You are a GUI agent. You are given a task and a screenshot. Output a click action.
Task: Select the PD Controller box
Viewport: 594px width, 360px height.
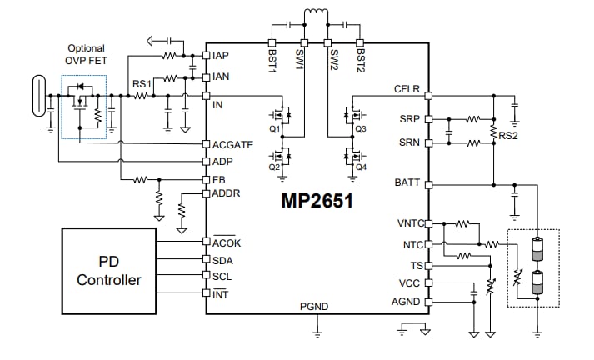108,271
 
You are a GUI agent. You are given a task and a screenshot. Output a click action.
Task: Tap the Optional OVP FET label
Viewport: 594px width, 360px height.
87,54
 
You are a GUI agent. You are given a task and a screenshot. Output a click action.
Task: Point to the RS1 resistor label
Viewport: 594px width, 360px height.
142,84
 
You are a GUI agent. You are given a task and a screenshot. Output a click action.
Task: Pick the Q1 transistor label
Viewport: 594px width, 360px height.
274,130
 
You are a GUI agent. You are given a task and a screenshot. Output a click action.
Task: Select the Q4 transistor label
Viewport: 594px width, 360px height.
360,167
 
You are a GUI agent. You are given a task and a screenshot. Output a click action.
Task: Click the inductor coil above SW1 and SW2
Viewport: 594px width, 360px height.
315,14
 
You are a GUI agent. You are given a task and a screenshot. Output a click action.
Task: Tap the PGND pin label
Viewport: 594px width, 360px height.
316,307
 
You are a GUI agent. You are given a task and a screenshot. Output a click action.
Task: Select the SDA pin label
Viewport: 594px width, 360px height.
223,260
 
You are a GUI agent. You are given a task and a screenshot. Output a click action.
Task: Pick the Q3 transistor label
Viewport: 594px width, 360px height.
360,130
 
